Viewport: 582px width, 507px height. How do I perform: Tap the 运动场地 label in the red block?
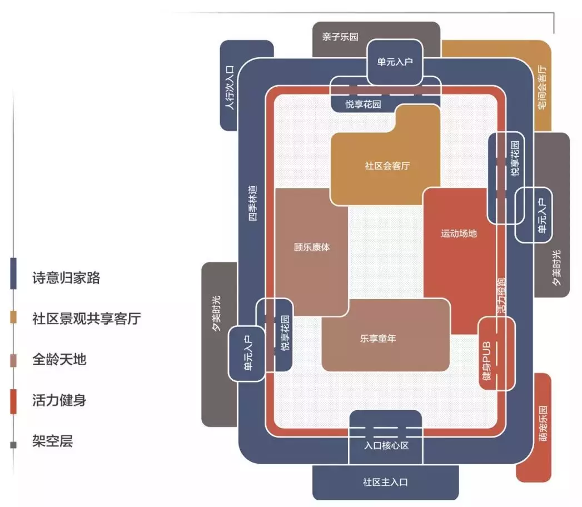459,233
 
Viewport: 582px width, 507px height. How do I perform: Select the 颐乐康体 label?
311,247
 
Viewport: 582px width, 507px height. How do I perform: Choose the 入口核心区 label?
386,445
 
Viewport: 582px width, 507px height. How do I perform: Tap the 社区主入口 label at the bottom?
385,482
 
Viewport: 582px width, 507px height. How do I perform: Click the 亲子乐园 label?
340,37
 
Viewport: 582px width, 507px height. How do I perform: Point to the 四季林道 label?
253,203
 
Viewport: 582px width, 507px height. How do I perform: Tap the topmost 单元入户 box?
395,62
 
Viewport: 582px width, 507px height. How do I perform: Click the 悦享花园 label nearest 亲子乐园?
363,104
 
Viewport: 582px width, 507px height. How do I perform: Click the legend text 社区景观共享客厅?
86,319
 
